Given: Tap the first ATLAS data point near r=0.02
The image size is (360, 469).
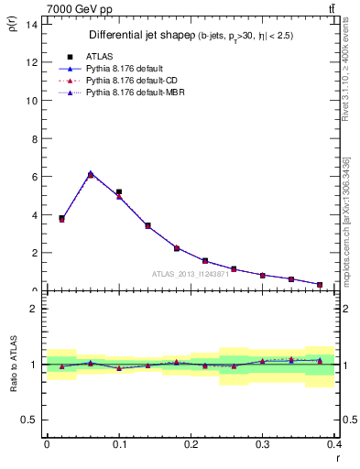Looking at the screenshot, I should pos(61,218).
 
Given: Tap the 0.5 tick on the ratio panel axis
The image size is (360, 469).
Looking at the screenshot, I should pos(29,420).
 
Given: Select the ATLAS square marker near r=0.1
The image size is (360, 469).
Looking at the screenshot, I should pos(119,192).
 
